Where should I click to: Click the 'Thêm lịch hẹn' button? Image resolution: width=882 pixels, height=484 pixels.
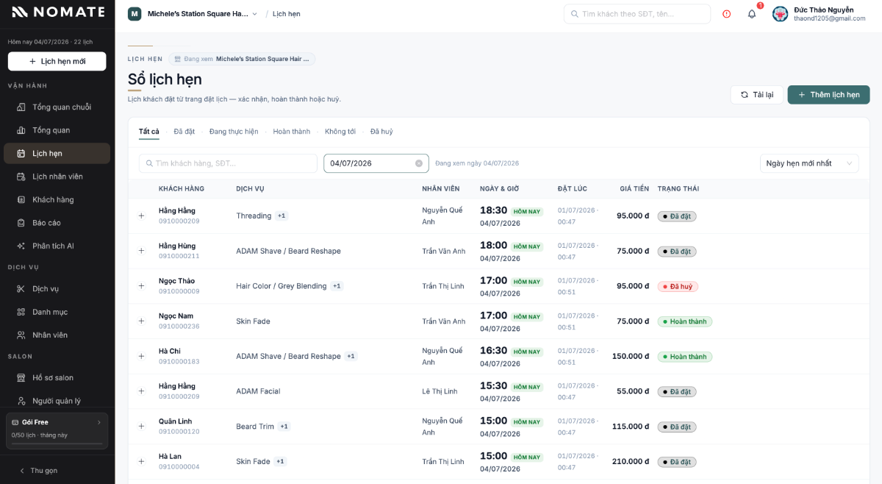click(x=828, y=95)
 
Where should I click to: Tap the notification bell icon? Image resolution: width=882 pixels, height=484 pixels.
click(x=752, y=14)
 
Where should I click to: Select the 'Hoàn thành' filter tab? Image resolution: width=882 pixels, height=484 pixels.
click(x=291, y=131)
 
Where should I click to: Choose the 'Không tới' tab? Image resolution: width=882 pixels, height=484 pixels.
click(x=340, y=131)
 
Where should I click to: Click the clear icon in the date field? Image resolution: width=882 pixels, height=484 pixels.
click(x=418, y=163)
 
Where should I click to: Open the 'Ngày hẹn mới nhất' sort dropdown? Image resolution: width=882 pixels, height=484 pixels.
click(x=809, y=163)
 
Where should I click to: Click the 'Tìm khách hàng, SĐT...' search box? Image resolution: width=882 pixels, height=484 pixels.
click(x=228, y=163)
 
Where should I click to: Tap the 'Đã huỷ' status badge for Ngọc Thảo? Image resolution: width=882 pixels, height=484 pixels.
click(x=678, y=287)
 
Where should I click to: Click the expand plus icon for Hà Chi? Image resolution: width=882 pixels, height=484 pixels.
click(x=141, y=356)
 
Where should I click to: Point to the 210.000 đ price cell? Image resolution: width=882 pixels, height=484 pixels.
click(x=631, y=461)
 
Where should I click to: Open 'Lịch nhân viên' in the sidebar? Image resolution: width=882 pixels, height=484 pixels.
click(x=57, y=177)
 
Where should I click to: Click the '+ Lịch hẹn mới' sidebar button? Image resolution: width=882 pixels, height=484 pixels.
click(x=57, y=61)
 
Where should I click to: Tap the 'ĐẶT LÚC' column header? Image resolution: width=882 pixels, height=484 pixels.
click(x=572, y=189)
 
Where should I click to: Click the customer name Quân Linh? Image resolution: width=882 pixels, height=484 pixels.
click(x=175, y=421)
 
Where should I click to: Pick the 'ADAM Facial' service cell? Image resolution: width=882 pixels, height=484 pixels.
click(x=258, y=391)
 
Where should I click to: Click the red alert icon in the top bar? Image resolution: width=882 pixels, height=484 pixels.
click(x=726, y=14)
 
